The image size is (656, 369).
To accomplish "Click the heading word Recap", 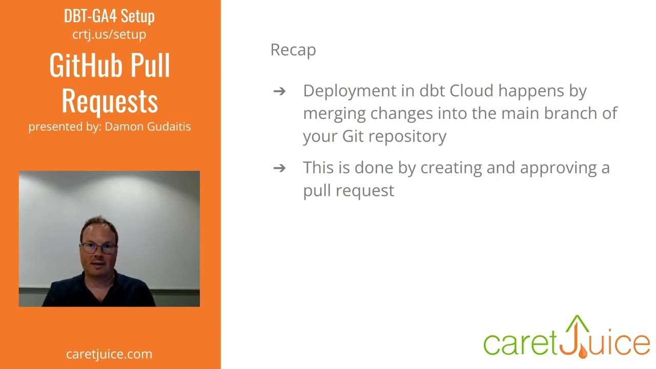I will tap(293, 50).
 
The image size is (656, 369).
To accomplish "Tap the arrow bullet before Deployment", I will tap(279, 91).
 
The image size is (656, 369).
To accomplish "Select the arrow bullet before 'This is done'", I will tap(279, 168).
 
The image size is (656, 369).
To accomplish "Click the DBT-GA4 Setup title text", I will tap(109, 16).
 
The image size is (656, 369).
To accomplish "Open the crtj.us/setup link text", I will tap(109, 34).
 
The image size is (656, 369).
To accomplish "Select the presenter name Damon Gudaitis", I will tap(148, 127).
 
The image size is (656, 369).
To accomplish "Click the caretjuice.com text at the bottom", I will tap(109, 354).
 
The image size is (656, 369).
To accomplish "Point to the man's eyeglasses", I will tap(98, 248).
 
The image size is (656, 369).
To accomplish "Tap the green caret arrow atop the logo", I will tap(578, 324).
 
